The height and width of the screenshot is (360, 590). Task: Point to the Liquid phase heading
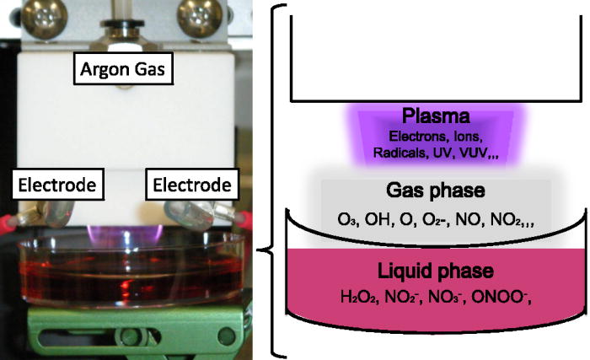pyautogui.click(x=435, y=271)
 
